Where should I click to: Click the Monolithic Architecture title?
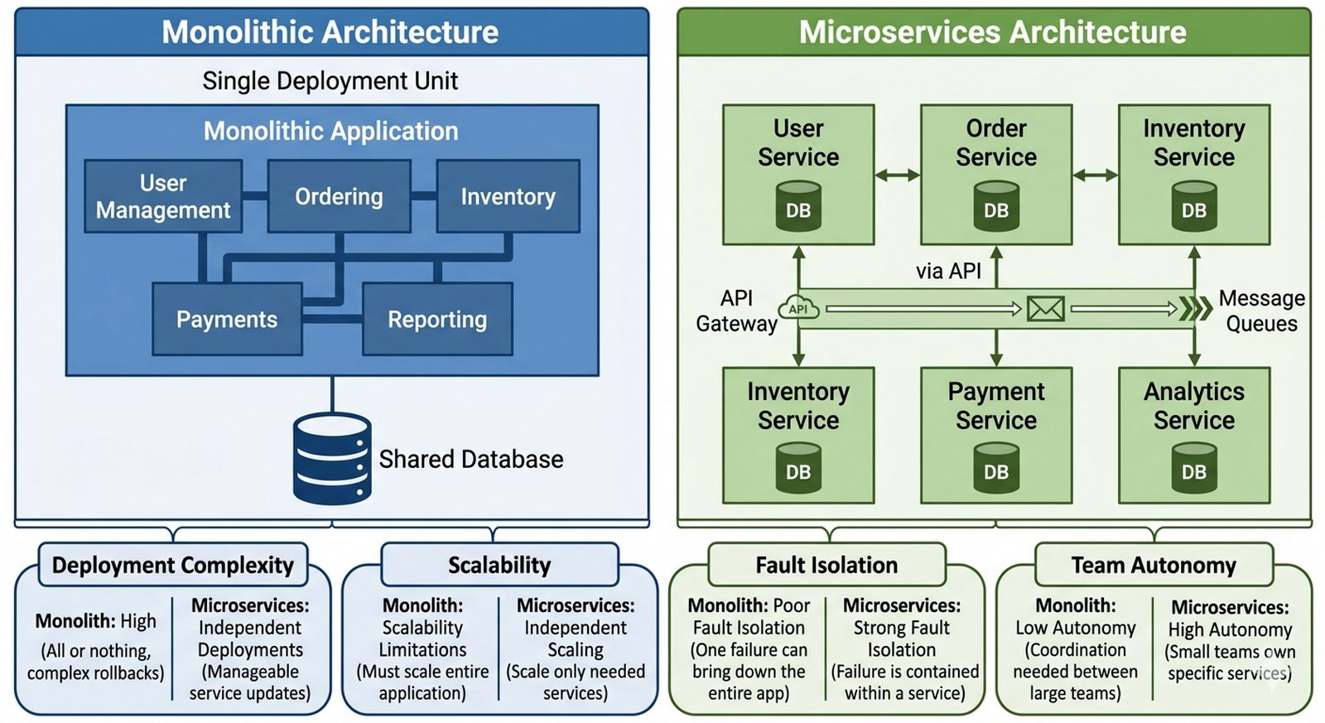click(330, 32)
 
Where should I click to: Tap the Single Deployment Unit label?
click(330, 81)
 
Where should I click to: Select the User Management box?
click(163, 196)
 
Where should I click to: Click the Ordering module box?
click(339, 196)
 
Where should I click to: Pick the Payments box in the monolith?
click(227, 320)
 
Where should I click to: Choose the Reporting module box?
click(437, 320)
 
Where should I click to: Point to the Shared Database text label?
click(470, 460)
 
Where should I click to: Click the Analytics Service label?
click(1194, 406)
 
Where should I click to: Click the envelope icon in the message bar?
click(1045, 309)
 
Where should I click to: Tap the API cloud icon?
click(799, 308)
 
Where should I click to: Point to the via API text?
click(948, 271)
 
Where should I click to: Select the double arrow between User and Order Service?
click(897, 175)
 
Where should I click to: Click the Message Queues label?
click(1261, 311)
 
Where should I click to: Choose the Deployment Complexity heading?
click(172, 566)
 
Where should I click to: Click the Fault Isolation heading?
click(826, 566)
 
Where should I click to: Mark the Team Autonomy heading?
click(1154, 566)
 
